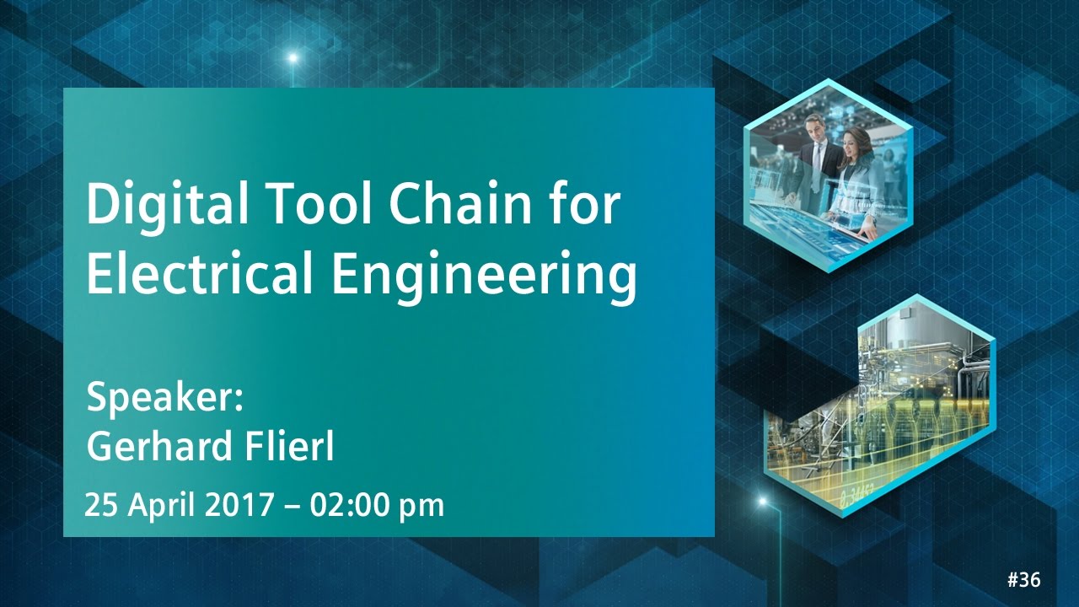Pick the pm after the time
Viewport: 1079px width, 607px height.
click(x=421, y=507)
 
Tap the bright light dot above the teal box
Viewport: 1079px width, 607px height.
click(x=293, y=58)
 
